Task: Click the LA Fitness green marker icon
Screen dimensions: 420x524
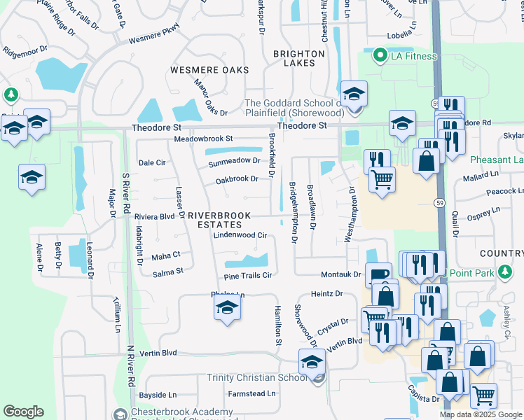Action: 380,55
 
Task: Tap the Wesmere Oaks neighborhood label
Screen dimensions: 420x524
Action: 207,70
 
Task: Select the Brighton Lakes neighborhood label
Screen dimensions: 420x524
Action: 298,57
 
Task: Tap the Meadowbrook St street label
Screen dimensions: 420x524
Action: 203,139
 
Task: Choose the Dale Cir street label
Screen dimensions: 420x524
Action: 152,162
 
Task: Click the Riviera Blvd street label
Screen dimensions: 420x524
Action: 154,217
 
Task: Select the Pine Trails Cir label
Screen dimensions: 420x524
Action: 247,275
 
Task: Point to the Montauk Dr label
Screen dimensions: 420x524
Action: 340,275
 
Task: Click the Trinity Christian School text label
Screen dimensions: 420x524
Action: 256,377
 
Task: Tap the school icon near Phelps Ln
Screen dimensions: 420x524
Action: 226,307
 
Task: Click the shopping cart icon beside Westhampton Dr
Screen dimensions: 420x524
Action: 382,180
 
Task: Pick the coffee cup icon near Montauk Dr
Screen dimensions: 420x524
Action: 379,275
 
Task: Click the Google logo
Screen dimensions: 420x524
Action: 24,412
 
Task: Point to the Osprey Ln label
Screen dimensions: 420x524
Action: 485,209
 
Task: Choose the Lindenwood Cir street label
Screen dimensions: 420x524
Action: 241,236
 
